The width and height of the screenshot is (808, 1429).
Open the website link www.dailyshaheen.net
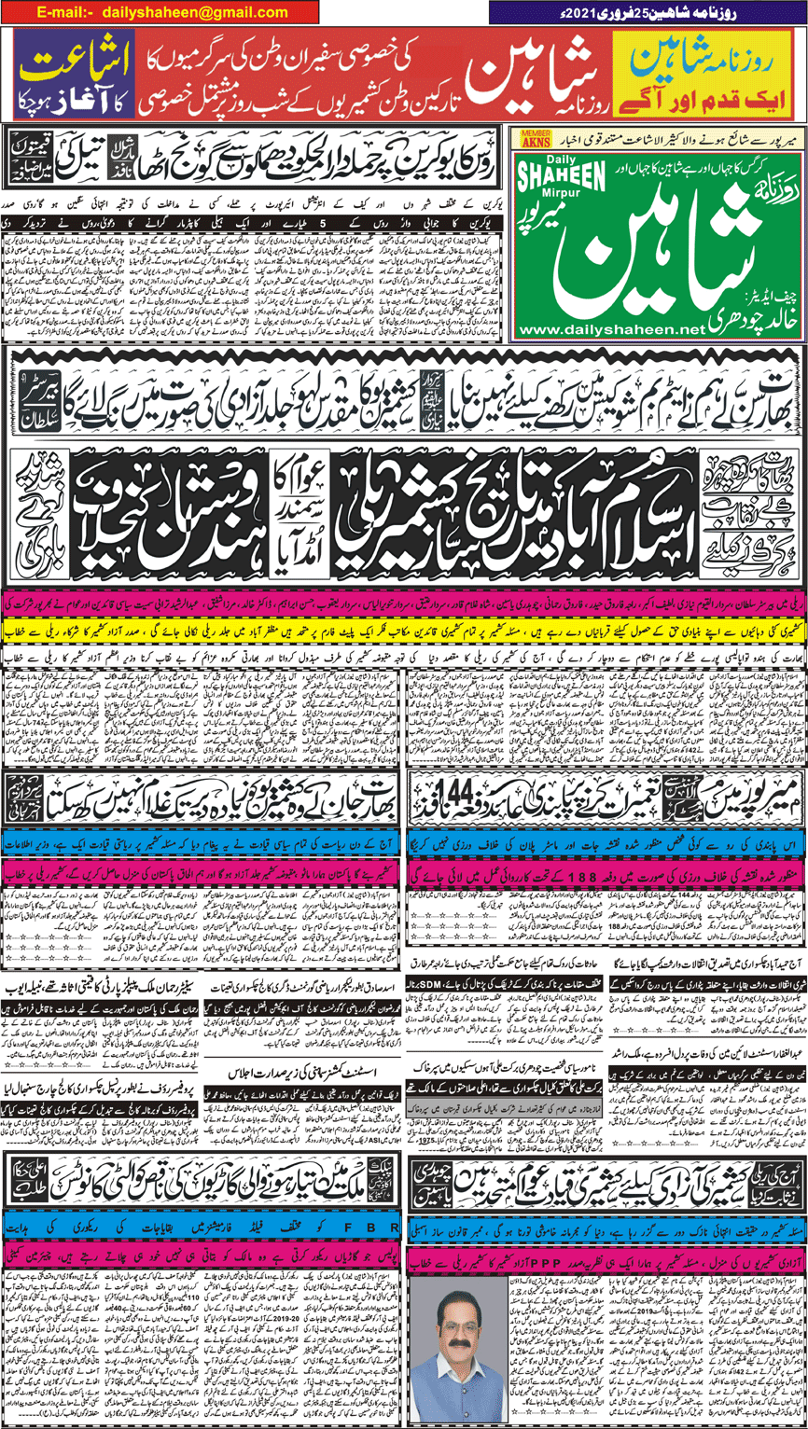point(615,329)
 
